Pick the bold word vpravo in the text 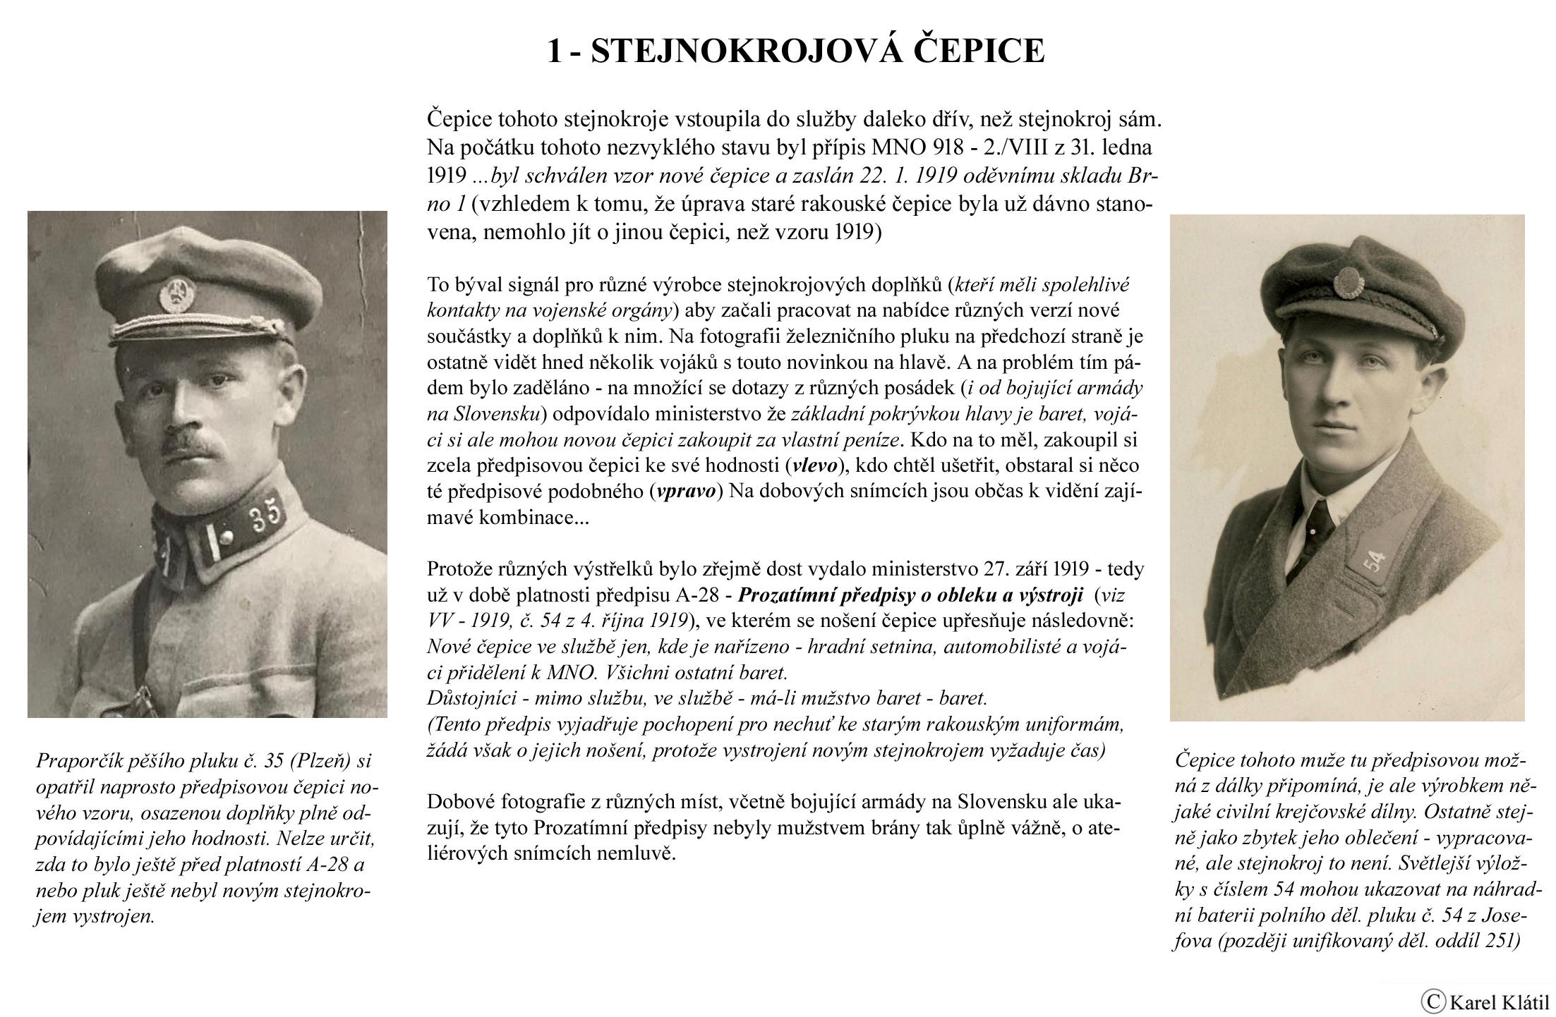(685, 492)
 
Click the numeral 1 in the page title (555, 51)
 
